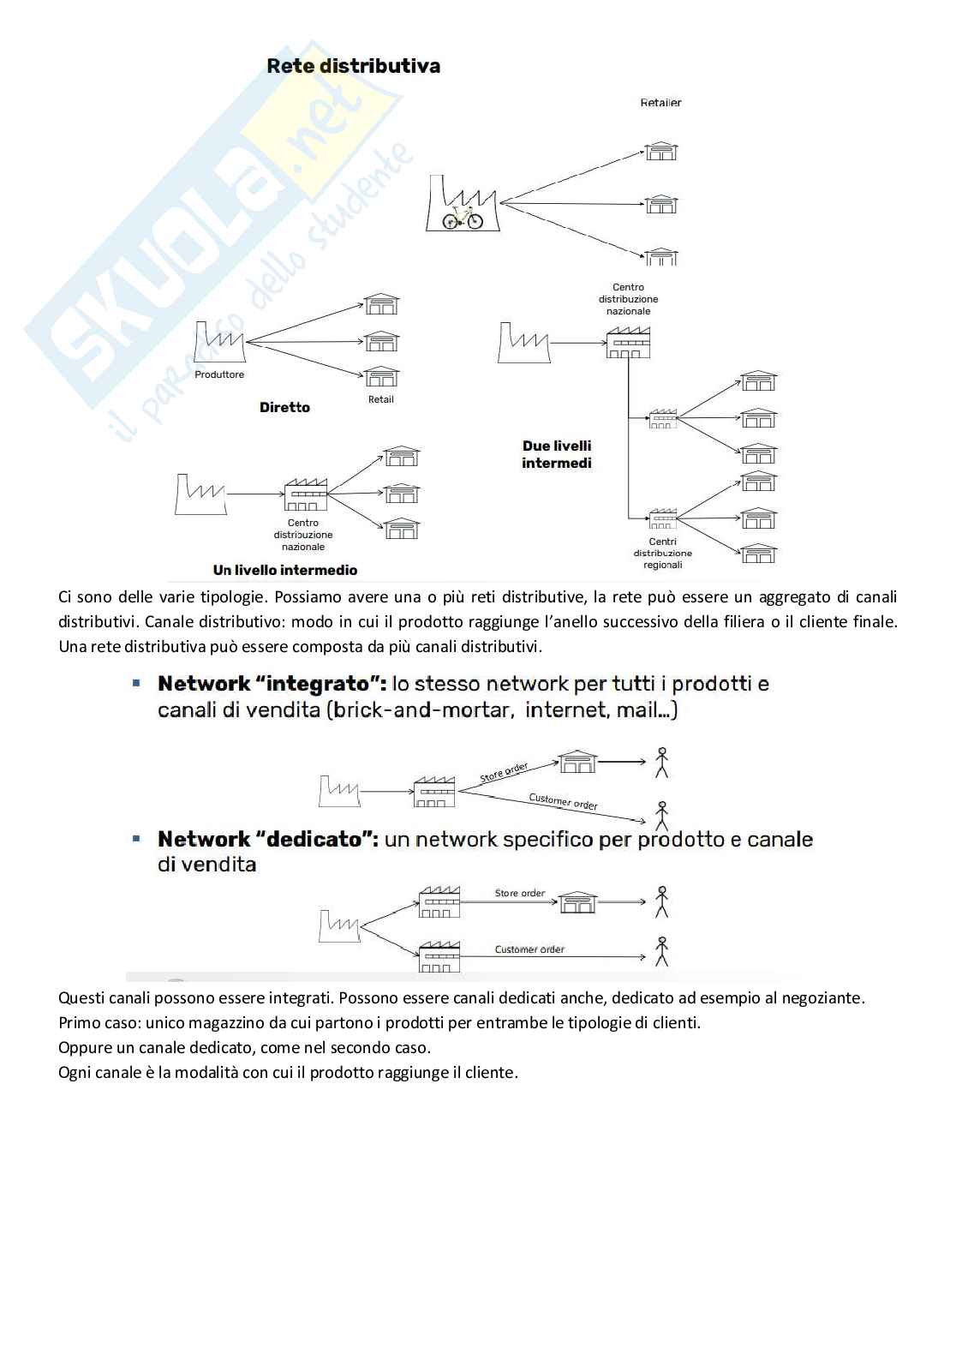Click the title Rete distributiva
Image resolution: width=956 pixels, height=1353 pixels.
coord(353,66)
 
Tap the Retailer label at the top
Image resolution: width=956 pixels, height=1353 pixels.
coord(660,103)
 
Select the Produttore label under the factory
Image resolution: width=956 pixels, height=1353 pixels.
coord(219,374)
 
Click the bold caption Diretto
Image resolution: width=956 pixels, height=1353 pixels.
coord(284,407)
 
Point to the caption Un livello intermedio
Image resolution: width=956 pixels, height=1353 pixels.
coord(285,570)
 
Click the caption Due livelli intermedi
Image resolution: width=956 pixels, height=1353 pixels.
coord(557,454)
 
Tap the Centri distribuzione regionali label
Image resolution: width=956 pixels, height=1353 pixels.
coord(663,554)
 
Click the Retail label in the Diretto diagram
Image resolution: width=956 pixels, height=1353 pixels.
coord(380,399)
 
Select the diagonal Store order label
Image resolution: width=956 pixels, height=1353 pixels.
coord(504,771)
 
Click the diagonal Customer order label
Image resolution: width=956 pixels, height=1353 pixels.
coord(563,801)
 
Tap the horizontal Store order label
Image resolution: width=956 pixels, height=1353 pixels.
coord(519,893)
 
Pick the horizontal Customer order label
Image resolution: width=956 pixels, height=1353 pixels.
coord(529,949)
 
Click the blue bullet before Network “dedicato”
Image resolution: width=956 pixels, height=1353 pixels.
coord(136,838)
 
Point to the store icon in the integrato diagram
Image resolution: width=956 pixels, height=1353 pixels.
coord(577,761)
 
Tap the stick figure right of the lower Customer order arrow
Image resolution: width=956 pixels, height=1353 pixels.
coord(661,951)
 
